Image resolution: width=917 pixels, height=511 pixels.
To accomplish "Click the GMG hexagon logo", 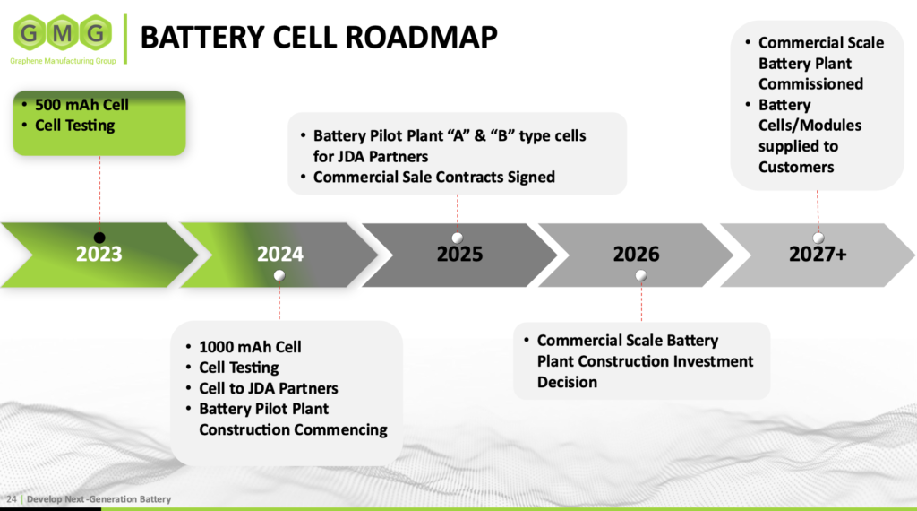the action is tap(64, 33).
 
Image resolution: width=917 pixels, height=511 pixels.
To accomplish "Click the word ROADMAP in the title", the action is tap(421, 37).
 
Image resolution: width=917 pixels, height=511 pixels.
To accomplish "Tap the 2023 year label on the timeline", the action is tap(99, 254).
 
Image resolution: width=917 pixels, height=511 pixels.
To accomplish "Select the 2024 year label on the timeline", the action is tap(280, 254).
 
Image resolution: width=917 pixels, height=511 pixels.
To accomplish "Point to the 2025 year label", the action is tap(459, 254).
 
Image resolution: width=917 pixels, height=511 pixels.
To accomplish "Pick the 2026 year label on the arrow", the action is tap(637, 254).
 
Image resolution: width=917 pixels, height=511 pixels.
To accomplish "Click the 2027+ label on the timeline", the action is tap(818, 254).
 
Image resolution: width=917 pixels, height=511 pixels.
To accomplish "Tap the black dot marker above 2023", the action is tap(99, 238).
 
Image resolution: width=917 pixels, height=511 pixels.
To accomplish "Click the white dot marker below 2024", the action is tap(279, 276).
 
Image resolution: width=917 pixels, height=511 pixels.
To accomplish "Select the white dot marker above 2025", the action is tap(458, 238).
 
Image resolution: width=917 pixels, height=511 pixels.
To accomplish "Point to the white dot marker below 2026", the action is tap(641, 276).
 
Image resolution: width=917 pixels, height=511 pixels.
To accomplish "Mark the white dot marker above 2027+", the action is tap(818, 238).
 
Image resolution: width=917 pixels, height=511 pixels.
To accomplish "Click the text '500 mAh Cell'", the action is tap(81, 105).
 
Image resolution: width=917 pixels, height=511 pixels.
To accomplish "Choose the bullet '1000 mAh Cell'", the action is tap(250, 347).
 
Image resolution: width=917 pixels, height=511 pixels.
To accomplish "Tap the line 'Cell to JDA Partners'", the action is tap(269, 388).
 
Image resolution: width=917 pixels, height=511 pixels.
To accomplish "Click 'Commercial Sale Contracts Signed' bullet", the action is tap(434, 177).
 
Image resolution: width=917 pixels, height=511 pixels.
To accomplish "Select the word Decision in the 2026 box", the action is tap(567, 382).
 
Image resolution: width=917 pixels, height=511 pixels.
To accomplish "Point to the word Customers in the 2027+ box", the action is tap(796, 168).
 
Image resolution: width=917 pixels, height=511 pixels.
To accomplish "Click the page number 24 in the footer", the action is tap(11, 499).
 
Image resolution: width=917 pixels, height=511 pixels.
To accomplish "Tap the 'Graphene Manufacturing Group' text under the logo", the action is tap(64, 61).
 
